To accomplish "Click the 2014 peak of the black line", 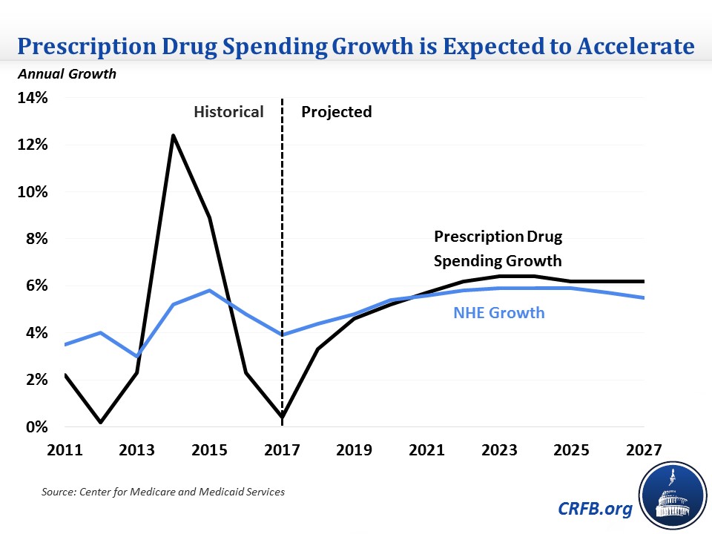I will (173, 136).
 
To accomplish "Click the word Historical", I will (228, 112).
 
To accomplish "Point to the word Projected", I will (336, 112).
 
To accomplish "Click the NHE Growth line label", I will (498, 313).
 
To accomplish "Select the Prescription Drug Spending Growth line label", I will (498, 249).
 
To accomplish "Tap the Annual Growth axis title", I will (63, 74).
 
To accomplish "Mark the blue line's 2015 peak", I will (210, 290).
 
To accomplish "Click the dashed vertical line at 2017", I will (283, 222).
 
